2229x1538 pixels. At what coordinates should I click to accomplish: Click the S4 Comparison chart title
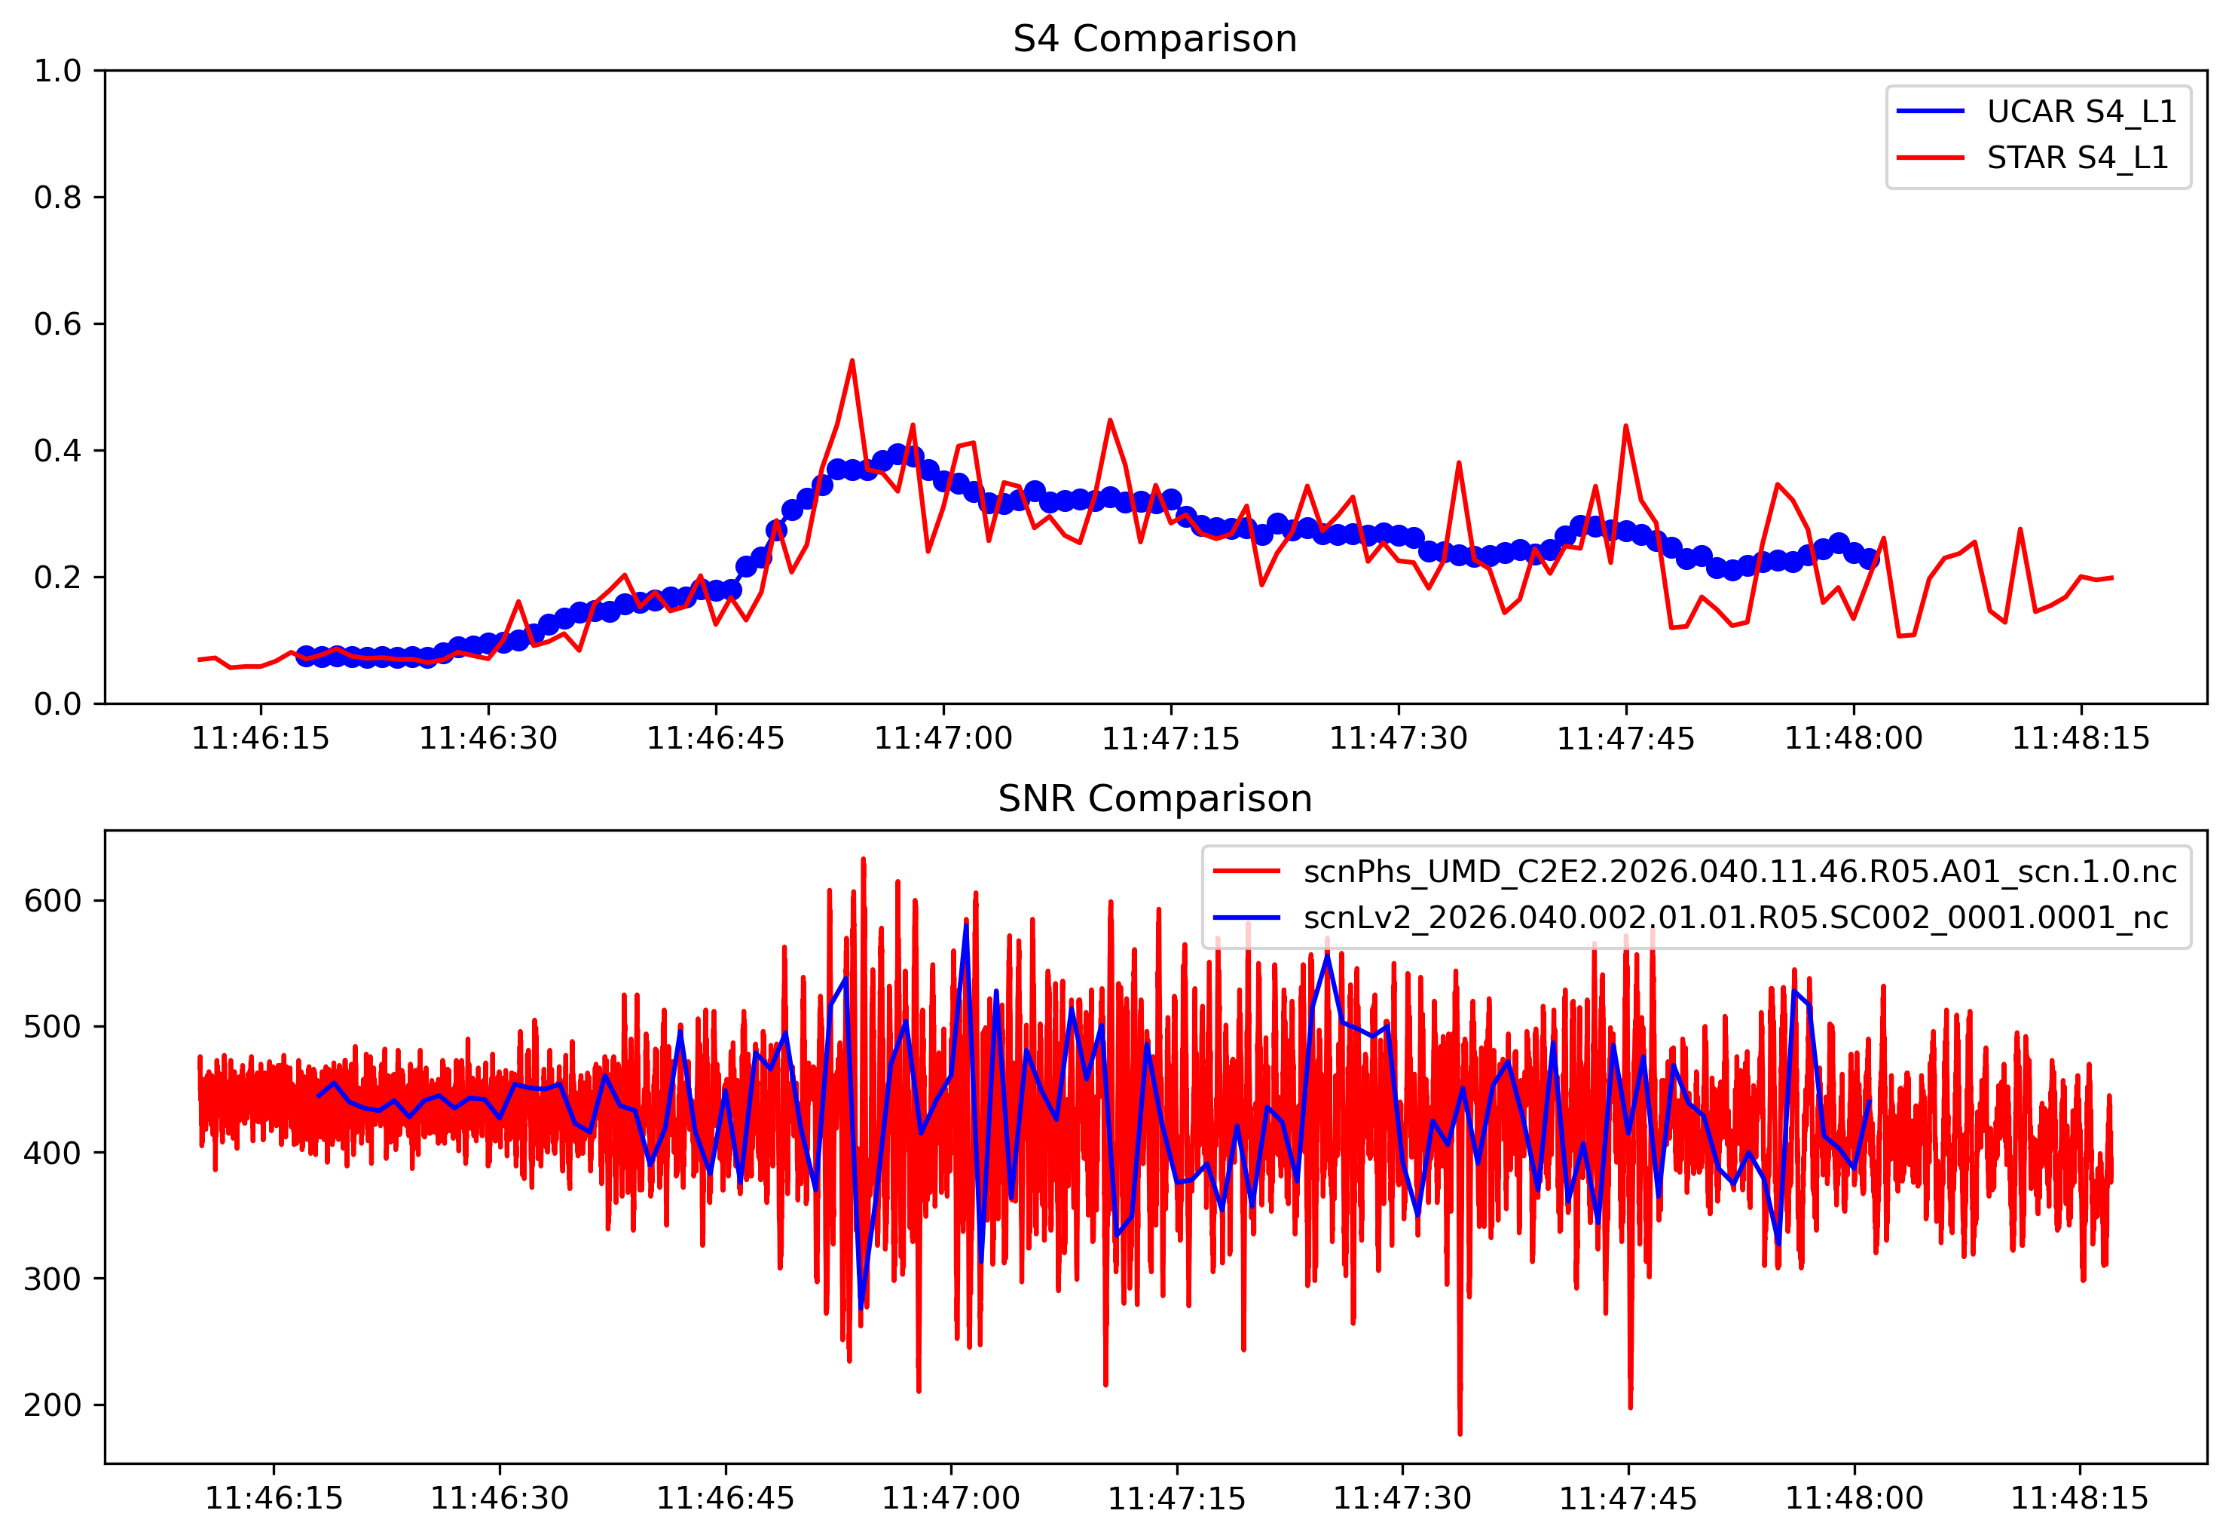click(1155, 39)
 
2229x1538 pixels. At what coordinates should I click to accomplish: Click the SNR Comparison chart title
click(1155, 799)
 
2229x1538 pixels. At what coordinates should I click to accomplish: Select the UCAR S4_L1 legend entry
click(2081, 112)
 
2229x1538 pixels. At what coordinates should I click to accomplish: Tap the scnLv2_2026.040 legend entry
click(1736, 918)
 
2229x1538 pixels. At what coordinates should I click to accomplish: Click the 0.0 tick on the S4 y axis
click(58, 704)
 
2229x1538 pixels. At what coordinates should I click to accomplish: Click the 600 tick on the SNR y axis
click(53, 901)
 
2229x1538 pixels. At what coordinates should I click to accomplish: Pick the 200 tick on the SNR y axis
click(53, 1405)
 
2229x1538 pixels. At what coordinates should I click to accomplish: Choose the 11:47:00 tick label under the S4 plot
click(943, 739)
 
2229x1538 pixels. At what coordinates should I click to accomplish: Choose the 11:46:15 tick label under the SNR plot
click(274, 1499)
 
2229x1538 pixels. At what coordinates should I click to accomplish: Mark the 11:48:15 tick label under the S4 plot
click(2081, 739)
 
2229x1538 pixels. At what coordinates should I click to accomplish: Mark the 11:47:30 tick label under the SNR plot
click(1402, 1499)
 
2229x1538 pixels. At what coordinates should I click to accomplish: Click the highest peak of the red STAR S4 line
click(852, 360)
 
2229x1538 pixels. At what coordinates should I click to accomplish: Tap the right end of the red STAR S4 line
click(2112, 578)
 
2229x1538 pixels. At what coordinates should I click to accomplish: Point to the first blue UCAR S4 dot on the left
click(307, 656)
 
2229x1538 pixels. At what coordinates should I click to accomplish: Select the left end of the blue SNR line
click(318, 1095)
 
